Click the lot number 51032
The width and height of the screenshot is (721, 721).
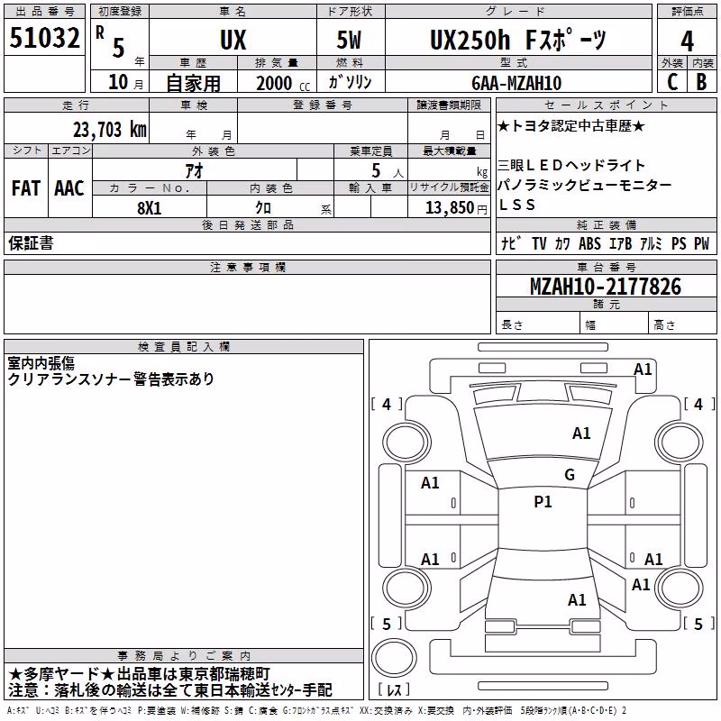pyautogui.click(x=44, y=38)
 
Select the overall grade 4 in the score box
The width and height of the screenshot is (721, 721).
pyautogui.click(x=687, y=41)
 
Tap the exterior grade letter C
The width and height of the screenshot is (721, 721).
pyautogui.click(x=672, y=82)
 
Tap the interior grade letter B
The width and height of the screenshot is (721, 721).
pyautogui.click(x=702, y=82)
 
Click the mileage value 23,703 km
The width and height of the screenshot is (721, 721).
pyautogui.click(x=110, y=130)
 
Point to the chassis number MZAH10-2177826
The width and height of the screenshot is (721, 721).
pyautogui.click(x=606, y=287)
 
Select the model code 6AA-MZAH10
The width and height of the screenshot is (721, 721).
pyautogui.click(x=516, y=83)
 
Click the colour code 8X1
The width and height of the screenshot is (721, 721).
pyautogui.click(x=150, y=208)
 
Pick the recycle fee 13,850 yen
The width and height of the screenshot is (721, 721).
pyautogui.click(x=456, y=208)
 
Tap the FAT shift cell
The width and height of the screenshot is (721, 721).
pyautogui.click(x=26, y=188)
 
